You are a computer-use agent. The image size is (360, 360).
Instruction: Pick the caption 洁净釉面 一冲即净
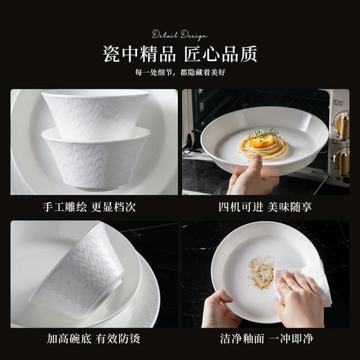click(265, 339)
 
